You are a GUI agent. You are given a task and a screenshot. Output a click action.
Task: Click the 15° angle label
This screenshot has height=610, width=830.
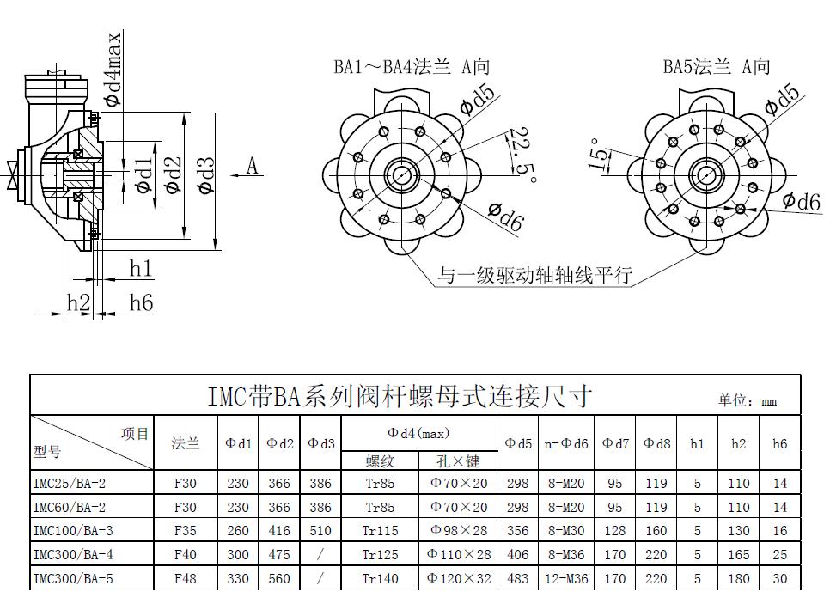pos(599,155)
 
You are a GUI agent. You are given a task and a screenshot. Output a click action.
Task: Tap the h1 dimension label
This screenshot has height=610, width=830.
pos(141,269)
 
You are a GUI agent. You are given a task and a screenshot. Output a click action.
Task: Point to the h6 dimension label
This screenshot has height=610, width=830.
pos(142,302)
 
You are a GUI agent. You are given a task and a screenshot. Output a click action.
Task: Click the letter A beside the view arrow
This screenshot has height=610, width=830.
pos(253,166)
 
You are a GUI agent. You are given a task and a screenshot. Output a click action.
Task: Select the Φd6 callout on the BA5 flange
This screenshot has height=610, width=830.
pos(801,201)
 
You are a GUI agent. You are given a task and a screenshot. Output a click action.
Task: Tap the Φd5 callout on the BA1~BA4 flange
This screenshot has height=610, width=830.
pos(477,101)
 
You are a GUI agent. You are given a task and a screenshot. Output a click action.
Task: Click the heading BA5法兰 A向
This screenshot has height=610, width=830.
pos(716,66)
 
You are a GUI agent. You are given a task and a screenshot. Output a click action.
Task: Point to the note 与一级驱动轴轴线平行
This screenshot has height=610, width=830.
pos(534,276)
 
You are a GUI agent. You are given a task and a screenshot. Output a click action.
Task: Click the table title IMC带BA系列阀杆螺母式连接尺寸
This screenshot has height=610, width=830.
pos(400,396)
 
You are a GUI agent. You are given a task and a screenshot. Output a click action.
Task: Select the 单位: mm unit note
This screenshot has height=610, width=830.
pos(748,401)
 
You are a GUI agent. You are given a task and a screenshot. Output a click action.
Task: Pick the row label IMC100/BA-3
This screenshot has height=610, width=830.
pos(73,531)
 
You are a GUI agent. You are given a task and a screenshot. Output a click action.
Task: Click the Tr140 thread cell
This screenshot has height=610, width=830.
pos(381,579)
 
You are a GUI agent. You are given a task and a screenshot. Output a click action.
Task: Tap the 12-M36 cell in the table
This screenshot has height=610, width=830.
pos(566,579)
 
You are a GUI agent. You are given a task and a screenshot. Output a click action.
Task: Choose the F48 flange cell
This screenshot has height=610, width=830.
pos(186,579)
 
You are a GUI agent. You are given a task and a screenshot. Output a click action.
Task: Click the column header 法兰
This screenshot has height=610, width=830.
pos(186,444)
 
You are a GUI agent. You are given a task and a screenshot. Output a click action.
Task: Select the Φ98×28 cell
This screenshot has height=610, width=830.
pos(459,531)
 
